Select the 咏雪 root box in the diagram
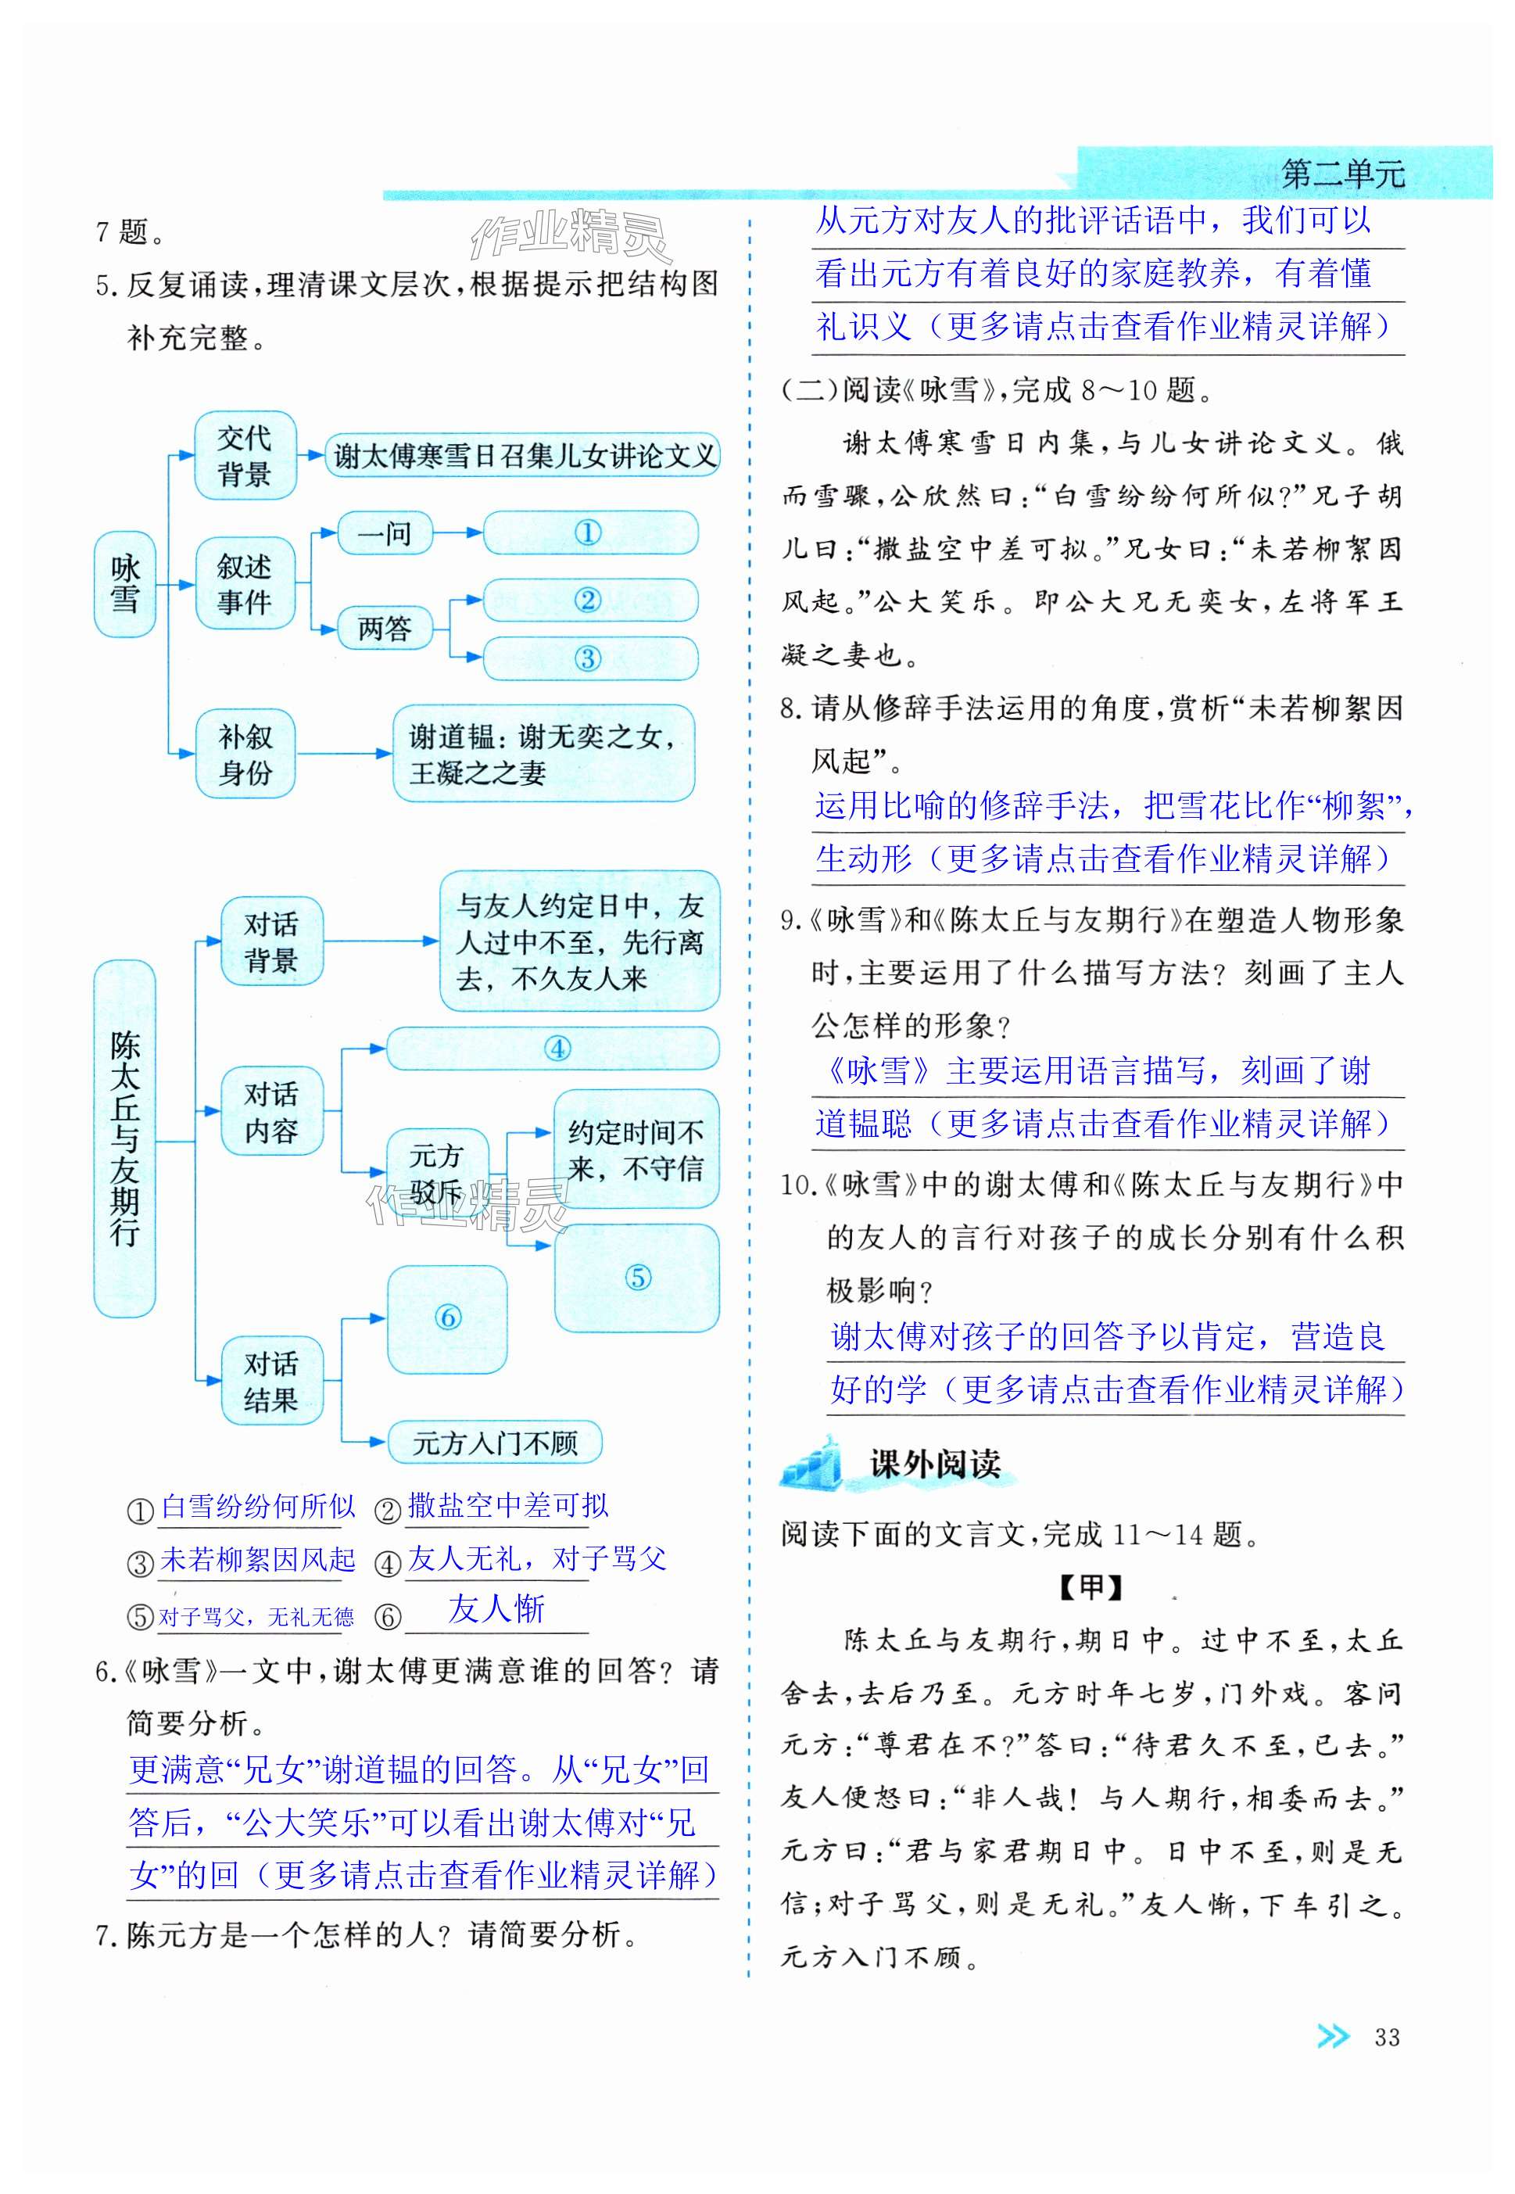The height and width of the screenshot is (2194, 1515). point(124,584)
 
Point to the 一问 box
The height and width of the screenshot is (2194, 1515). point(385,533)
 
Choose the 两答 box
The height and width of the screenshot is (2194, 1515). point(385,629)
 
